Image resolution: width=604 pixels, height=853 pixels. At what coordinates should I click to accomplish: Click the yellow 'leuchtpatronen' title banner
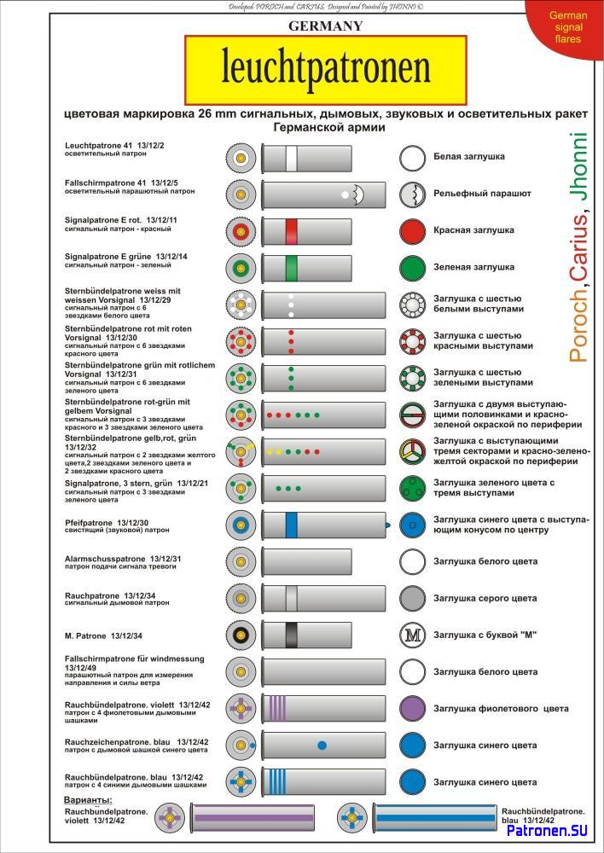[x=325, y=70]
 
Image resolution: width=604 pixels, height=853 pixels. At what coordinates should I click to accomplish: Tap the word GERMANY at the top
[x=325, y=26]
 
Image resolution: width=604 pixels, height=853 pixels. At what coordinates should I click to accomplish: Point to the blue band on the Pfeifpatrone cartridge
[x=291, y=525]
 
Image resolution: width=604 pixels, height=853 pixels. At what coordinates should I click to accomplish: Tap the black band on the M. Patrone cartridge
[x=291, y=635]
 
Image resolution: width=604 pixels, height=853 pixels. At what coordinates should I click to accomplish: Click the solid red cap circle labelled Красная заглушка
[x=413, y=231]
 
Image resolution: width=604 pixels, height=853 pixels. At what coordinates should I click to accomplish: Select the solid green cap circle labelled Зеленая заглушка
[x=413, y=268]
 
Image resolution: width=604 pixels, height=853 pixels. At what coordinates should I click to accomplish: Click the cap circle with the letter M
[x=413, y=635]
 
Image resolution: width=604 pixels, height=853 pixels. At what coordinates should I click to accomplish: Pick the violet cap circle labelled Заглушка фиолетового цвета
[x=413, y=708]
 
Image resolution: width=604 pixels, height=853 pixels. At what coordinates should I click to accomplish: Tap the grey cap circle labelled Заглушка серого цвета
[x=413, y=598]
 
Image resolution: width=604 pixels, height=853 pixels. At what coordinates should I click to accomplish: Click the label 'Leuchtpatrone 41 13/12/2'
[x=114, y=145]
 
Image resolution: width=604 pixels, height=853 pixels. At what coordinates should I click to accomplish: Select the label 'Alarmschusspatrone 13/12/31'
[x=123, y=559]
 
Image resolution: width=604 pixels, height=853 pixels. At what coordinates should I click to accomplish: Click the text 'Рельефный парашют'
[x=482, y=194]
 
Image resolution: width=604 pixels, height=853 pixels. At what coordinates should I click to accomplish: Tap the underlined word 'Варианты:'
[x=89, y=800]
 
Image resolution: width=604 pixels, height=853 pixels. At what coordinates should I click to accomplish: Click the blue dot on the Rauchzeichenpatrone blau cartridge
[x=322, y=746]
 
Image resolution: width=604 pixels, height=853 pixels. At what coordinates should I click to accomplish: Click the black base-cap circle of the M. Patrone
[x=241, y=635]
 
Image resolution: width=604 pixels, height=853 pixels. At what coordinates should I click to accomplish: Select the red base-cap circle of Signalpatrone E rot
[x=241, y=232]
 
